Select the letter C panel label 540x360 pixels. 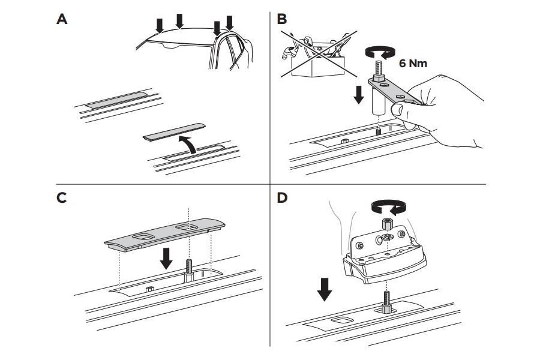[x=61, y=198]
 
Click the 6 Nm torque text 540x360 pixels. [x=413, y=63]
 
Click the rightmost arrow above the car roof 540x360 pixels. [x=229, y=22]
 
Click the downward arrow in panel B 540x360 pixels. [x=358, y=95]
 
